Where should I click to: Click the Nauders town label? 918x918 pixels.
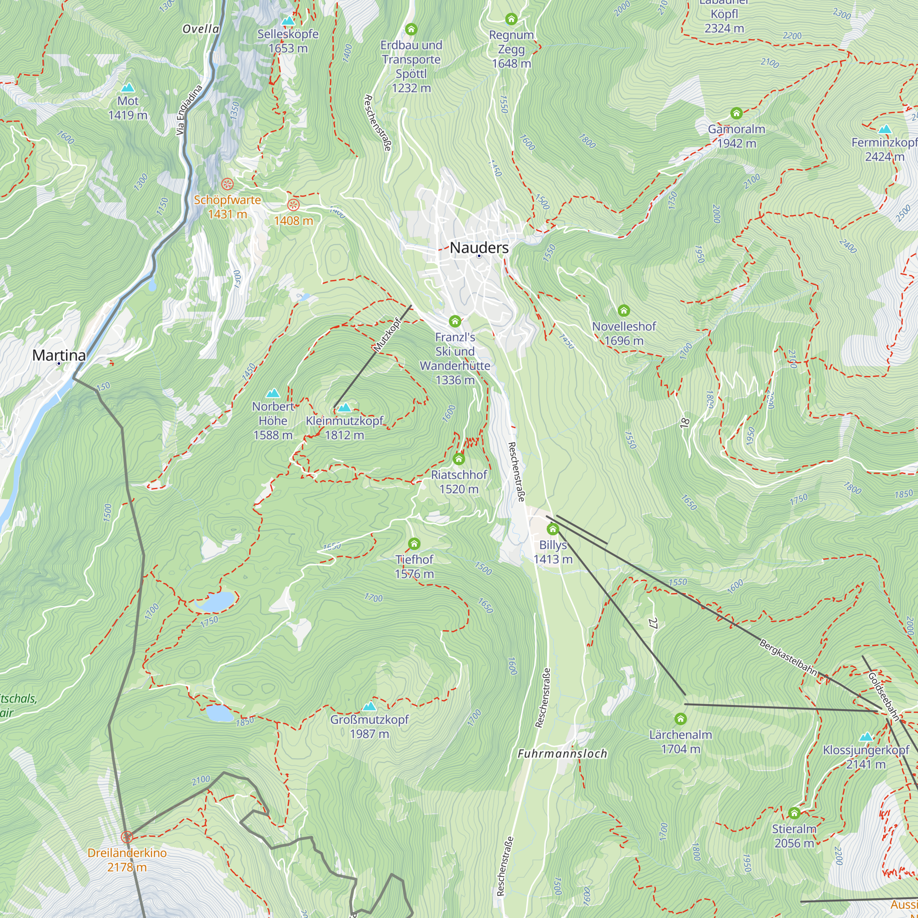479,247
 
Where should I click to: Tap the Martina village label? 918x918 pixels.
59,355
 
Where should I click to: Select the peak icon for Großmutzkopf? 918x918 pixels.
369,706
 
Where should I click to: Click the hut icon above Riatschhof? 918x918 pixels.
459,459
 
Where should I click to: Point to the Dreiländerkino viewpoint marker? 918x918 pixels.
126,837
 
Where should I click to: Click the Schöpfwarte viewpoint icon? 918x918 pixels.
228,184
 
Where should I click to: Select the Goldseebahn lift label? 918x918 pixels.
883,696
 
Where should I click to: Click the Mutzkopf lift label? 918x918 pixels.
387,335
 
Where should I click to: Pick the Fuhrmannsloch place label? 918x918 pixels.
562,754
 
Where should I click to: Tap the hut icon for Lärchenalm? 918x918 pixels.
680,719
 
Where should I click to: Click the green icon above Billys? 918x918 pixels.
553,529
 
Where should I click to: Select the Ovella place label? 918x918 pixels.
201,29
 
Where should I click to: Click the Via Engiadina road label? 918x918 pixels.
189,110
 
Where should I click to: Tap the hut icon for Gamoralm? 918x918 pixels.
736,113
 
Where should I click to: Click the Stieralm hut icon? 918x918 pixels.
794,813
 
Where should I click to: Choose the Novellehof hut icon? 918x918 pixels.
623,311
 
